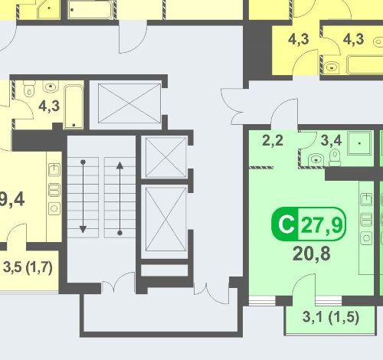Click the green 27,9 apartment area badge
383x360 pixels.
[x=309, y=224]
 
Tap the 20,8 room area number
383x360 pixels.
[x=312, y=254]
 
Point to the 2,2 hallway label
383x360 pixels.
[x=273, y=140]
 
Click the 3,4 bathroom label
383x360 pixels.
[x=331, y=140]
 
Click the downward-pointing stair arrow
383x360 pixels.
[x=83, y=196]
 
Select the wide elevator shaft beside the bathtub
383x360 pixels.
[x=129, y=103]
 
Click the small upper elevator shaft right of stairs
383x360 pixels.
[x=165, y=157]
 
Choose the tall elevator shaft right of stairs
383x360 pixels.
[x=165, y=219]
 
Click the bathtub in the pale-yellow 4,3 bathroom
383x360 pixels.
[x=74, y=106]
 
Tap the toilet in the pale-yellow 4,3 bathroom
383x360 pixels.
[x=29, y=88]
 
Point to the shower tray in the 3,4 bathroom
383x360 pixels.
[x=359, y=143]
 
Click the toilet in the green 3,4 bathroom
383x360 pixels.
[x=335, y=158]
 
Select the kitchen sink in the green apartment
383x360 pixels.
[x=366, y=199]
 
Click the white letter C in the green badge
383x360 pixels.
[x=286, y=224]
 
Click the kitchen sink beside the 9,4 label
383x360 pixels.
[x=54, y=170]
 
